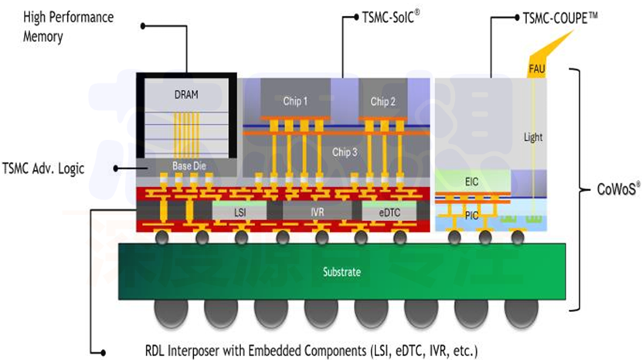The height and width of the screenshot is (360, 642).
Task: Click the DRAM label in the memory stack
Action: coord(186,94)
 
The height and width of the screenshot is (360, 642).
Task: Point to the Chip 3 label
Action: coord(345,152)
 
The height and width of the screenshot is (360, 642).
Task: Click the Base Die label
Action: coord(189,166)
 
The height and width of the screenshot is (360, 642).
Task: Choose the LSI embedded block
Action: coord(239,212)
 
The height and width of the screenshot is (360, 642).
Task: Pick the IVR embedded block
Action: coord(317,212)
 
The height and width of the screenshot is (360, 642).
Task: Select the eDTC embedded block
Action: coord(389,212)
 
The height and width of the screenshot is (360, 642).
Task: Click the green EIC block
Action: coord(472,181)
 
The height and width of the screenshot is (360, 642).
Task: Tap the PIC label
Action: coord(472,216)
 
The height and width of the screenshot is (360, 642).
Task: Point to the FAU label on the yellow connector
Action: coord(537,69)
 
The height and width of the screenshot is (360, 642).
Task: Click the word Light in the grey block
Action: coord(533,138)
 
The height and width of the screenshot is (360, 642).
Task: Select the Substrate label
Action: coord(342,272)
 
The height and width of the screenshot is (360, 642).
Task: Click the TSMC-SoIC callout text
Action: coord(391,17)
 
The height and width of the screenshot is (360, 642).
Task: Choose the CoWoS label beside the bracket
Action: coord(618,189)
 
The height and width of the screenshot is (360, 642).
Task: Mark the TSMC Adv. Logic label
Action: coord(43,168)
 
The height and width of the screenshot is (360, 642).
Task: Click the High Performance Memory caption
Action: coord(68,26)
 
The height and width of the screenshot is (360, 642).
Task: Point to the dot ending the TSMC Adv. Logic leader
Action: coord(116,168)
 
